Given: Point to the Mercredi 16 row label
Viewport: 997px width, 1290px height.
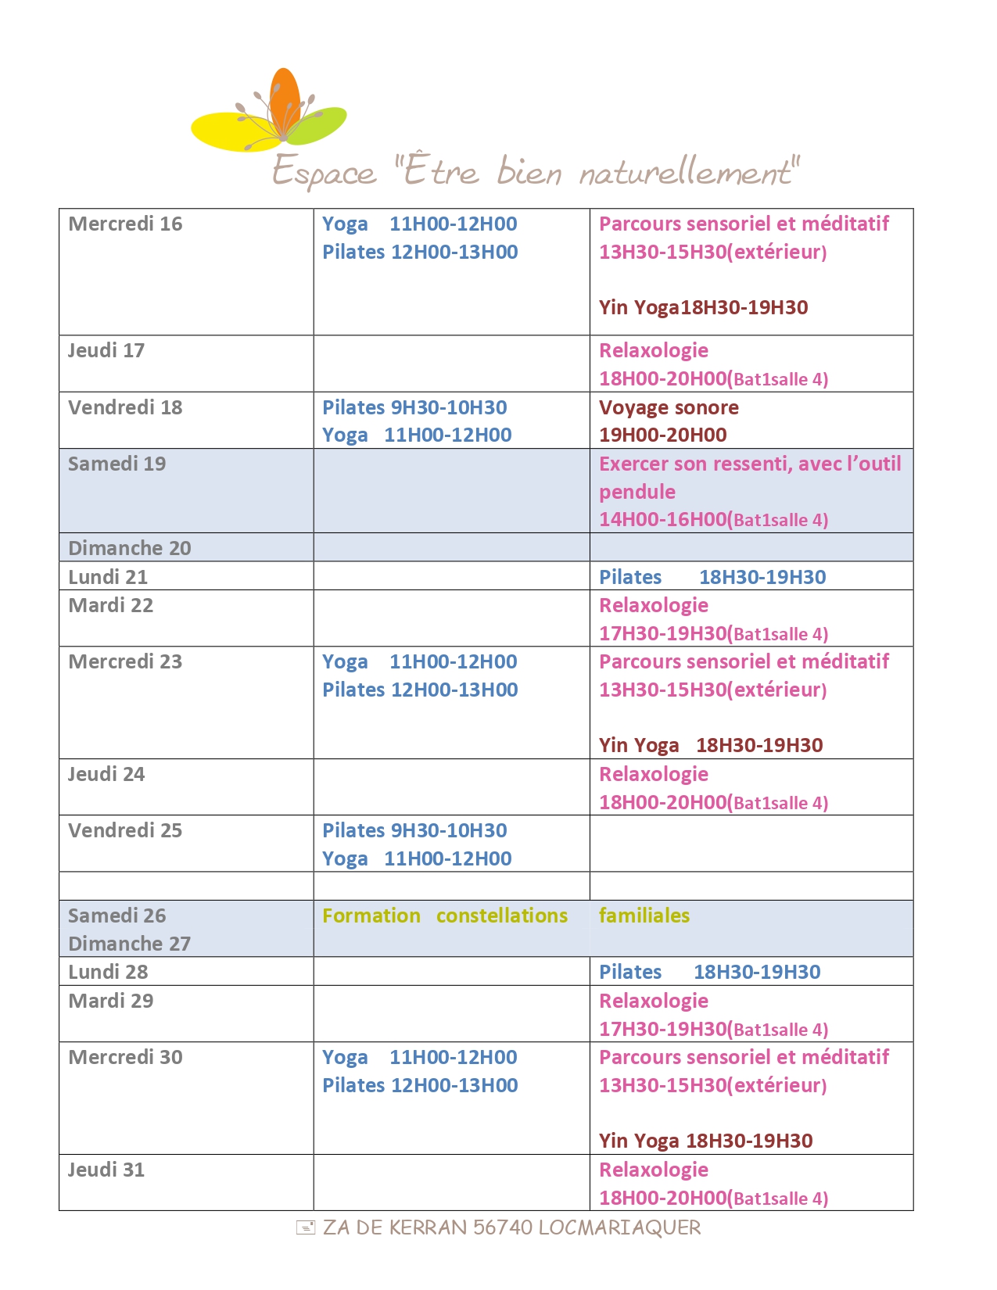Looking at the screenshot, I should (x=125, y=224).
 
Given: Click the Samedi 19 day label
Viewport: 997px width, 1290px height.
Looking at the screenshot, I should (x=117, y=464).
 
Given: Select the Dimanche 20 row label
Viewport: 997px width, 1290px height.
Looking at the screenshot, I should (x=129, y=548).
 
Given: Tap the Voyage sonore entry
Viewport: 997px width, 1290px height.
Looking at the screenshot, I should (x=669, y=407).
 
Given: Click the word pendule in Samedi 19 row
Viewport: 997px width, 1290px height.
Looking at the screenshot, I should (x=637, y=492).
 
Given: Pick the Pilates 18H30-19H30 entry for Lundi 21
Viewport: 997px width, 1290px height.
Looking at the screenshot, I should (x=712, y=577).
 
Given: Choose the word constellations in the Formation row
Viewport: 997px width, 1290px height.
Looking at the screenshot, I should (x=501, y=916).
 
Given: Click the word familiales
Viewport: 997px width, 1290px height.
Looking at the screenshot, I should (x=644, y=916).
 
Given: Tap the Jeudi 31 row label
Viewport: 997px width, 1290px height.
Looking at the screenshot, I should (x=106, y=1170).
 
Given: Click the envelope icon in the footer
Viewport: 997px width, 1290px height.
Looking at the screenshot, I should (x=306, y=1227).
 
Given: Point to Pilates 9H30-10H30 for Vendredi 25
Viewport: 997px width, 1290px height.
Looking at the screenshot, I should (x=414, y=830).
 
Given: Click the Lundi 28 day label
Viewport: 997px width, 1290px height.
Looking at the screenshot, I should (x=108, y=972).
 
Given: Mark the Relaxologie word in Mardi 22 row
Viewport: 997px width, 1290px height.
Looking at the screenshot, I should (x=654, y=605).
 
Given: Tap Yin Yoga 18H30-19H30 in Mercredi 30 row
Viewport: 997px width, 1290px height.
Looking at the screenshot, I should (x=705, y=1141).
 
